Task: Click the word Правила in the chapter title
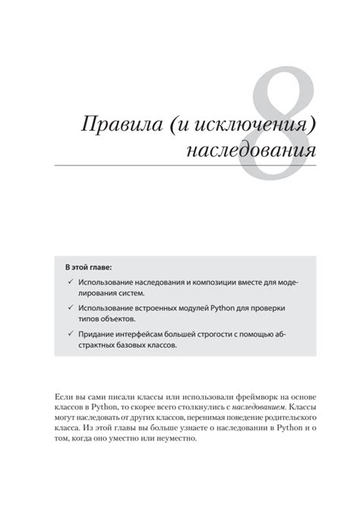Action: (x=115, y=125)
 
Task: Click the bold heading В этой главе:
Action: (x=88, y=269)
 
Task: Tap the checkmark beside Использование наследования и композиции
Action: (x=69, y=282)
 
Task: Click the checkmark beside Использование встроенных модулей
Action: (x=69, y=308)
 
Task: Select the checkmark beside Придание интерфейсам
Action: (x=69, y=334)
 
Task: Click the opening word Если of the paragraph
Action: (x=65, y=398)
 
